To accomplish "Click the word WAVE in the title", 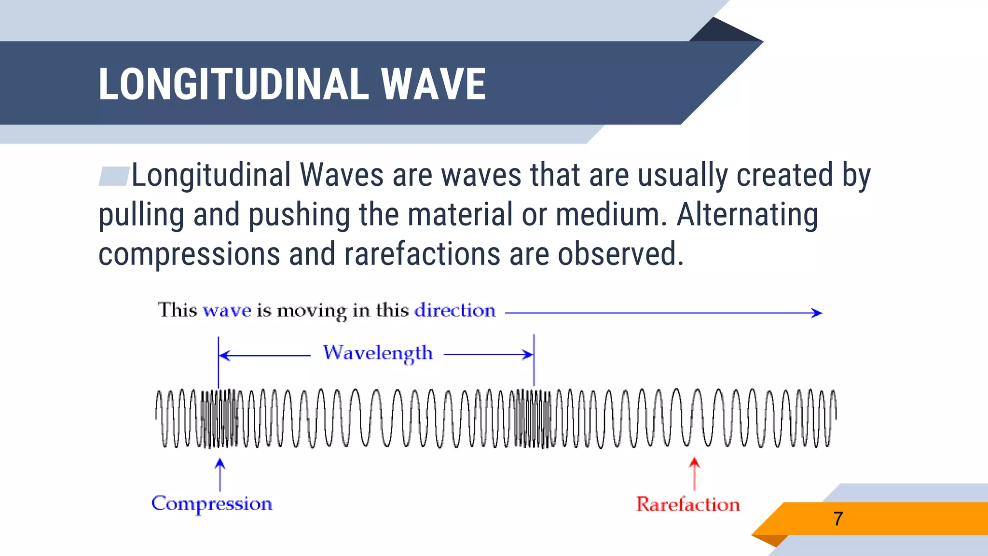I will [433, 84].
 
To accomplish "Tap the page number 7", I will [838, 519].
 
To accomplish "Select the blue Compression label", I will [212, 503].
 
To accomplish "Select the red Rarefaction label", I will [687, 504].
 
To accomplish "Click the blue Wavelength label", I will [378, 353].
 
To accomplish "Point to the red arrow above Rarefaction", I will [694, 473].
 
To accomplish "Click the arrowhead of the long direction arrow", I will [817, 313].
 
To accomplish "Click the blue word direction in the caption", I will [455, 310].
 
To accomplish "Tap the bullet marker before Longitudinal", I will [114, 176].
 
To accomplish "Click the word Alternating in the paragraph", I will [747, 215].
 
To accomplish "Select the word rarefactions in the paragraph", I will [422, 254].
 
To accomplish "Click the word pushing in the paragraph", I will [299, 215].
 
